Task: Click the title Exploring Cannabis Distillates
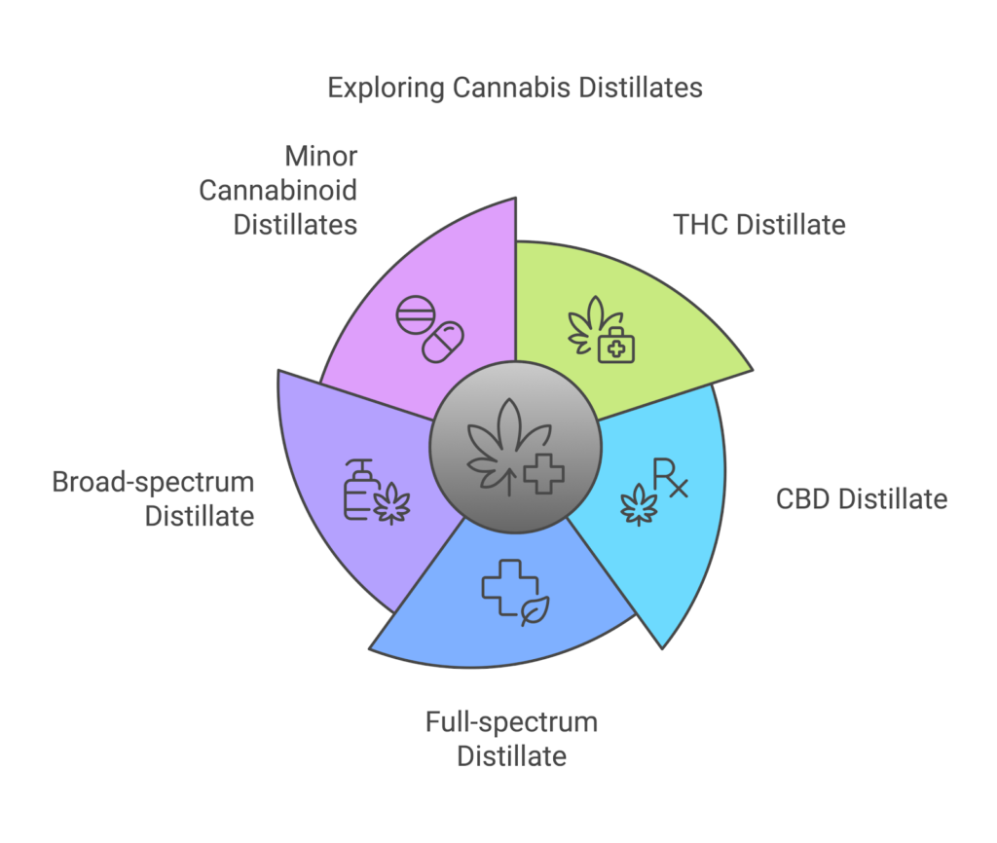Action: pyautogui.click(x=514, y=88)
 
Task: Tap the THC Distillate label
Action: pyautogui.click(x=759, y=225)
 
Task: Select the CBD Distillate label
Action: pyautogui.click(x=861, y=499)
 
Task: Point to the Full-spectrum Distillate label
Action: pyautogui.click(x=511, y=739)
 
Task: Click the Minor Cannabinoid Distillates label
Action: pyautogui.click(x=278, y=190)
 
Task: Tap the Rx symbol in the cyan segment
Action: pyautogui.click(x=669, y=479)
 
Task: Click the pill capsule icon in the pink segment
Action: pyautogui.click(x=442, y=342)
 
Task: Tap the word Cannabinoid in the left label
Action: pyautogui.click(x=278, y=190)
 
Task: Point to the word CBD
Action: pyautogui.click(x=804, y=499)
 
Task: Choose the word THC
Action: pyautogui.click(x=701, y=225)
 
